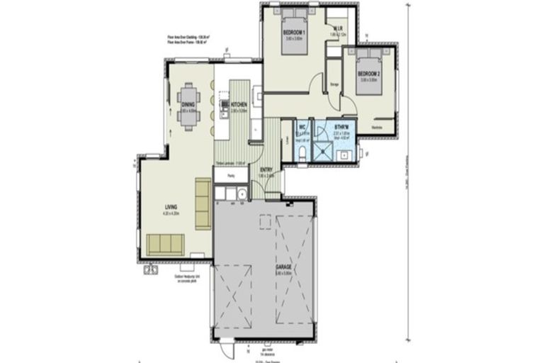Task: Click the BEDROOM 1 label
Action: pyautogui.click(x=294, y=33)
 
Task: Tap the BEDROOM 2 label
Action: pyautogui.click(x=368, y=74)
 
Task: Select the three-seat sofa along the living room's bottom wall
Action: pyautogui.click(x=165, y=245)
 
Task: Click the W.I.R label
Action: pyautogui.click(x=338, y=30)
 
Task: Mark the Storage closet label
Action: pyautogui.click(x=335, y=85)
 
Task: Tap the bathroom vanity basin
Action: pyautogui.click(x=345, y=155)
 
